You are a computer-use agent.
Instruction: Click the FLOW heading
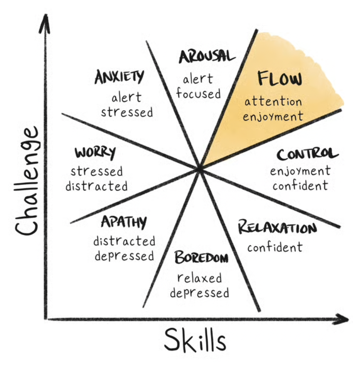280,78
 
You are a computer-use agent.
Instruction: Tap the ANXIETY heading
119,77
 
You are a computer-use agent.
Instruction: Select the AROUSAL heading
207,56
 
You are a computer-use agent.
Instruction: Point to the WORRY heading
95,153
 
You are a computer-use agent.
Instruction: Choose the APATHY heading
124,222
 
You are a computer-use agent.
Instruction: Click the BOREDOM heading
201,257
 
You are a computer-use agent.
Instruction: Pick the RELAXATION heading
277,227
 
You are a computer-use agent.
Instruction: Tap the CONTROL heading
308,154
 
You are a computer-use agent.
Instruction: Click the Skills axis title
195,340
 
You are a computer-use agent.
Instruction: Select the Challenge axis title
26,181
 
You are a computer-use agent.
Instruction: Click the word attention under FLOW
273,102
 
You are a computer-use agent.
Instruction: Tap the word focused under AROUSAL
199,94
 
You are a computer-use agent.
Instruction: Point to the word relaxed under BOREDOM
200,278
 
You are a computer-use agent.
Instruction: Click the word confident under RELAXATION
275,247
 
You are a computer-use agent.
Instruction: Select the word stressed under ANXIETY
127,112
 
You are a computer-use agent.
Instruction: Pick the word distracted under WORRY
97,186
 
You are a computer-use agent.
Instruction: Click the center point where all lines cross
200,169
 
